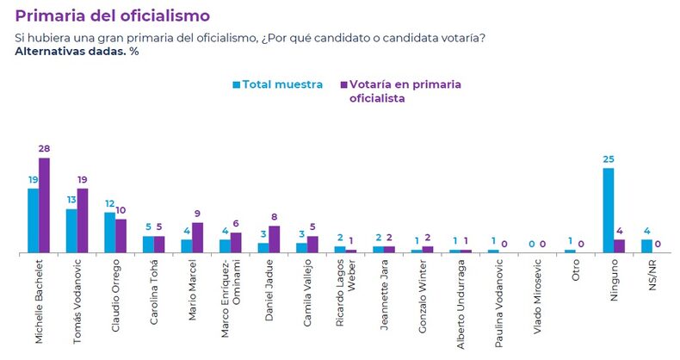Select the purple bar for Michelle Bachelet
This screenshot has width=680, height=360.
click(x=44, y=205)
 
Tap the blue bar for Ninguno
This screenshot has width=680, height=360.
click(x=608, y=210)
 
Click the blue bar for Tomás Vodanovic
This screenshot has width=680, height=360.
click(x=71, y=231)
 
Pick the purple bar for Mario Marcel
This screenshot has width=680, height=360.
click(x=197, y=238)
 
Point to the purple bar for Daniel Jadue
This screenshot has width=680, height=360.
click(x=274, y=239)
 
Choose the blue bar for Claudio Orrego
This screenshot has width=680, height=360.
click(x=109, y=233)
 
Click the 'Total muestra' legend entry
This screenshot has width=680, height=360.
click(x=277, y=84)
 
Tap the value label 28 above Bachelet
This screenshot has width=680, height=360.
click(x=44, y=149)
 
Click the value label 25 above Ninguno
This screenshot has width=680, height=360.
click(x=608, y=159)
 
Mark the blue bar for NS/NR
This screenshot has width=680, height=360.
click(x=646, y=245)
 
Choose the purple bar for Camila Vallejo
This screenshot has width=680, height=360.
click(x=312, y=245)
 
